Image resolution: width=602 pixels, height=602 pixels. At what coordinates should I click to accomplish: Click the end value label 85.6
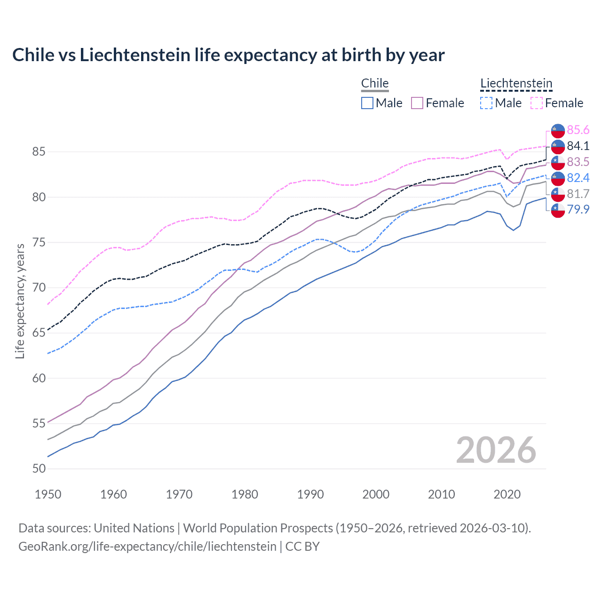(x=578, y=130)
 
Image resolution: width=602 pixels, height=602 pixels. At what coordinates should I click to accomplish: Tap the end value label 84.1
(x=578, y=146)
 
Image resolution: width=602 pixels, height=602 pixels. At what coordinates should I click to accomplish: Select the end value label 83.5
(x=578, y=162)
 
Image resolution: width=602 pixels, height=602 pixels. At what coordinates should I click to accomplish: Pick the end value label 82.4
(x=578, y=178)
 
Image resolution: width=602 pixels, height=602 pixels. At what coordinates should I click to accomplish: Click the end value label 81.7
(x=578, y=194)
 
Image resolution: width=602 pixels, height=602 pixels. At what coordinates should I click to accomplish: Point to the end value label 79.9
(x=578, y=209)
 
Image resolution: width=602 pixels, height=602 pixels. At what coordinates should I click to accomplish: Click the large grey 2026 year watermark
(x=496, y=450)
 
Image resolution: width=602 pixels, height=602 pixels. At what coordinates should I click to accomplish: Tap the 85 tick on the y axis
(x=39, y=152)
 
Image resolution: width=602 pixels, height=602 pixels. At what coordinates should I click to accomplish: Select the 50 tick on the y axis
(x=39, y=469)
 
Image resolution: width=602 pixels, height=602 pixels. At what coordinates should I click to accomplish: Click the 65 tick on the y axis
(x=39, y=333)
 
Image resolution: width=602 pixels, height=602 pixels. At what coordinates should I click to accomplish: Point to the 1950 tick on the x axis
(x=48, y=494)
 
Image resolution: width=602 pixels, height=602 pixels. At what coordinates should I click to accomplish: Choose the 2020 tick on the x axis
(x=507, y=494)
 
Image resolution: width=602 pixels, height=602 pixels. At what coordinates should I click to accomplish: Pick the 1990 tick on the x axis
(x=310, y=494)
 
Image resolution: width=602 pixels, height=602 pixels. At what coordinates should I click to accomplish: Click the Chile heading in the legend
(x=375, y=83)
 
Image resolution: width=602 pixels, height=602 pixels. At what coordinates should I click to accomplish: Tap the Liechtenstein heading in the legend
(x=516, y=83)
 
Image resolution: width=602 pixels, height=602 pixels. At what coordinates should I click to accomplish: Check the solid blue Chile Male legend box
(x=367, y=103)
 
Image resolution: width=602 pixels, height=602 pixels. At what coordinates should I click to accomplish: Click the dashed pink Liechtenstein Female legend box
(x=537, y=103)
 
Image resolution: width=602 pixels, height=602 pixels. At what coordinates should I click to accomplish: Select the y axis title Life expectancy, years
(x=20, y=301)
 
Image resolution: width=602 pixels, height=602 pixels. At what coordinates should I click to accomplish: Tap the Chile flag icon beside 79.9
(x=558, y=210)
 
